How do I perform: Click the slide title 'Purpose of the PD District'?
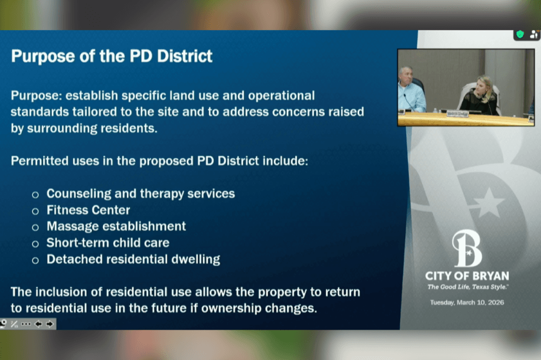click(x=112, y=56)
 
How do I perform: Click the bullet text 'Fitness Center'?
click(x=88, y=210)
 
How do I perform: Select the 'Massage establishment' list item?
click(x=116, y=226)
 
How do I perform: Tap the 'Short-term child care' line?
click(x=108, y=243)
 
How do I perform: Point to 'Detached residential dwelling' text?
click(x=133, y=259)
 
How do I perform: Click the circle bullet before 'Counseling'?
click(x=35, y=195)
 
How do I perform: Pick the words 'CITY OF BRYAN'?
click(x=467, y=276)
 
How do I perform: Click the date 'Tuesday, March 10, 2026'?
click(x=467, y=302)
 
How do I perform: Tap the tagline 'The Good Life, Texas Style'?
click(x=467, y=287)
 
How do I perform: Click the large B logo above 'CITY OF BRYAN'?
click(x=467, y=248)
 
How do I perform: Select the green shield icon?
click(x=520, y=34)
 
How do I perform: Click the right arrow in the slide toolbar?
click(x=50, y=324)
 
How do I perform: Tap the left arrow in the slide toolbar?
click(x=38, y=324)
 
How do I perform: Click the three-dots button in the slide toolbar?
click(x=26, y=324)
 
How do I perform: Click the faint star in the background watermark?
click(x=487, y=203)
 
